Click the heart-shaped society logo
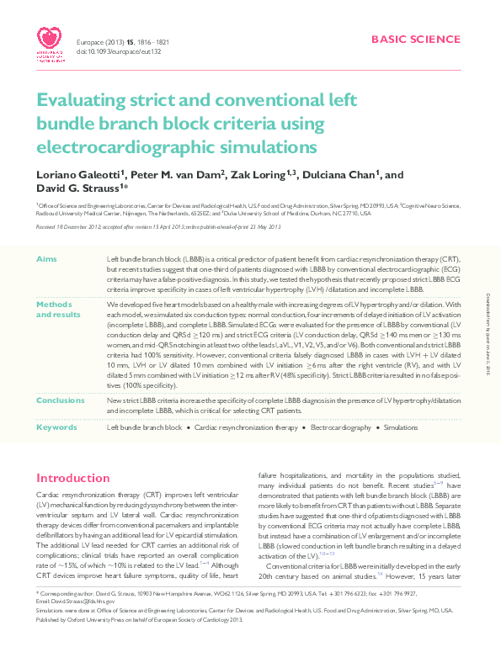[x=50, y=40]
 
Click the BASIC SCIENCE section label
[x=416, y=40]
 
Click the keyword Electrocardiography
[x=341, y=428]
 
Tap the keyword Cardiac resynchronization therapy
[x=247, y=428]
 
